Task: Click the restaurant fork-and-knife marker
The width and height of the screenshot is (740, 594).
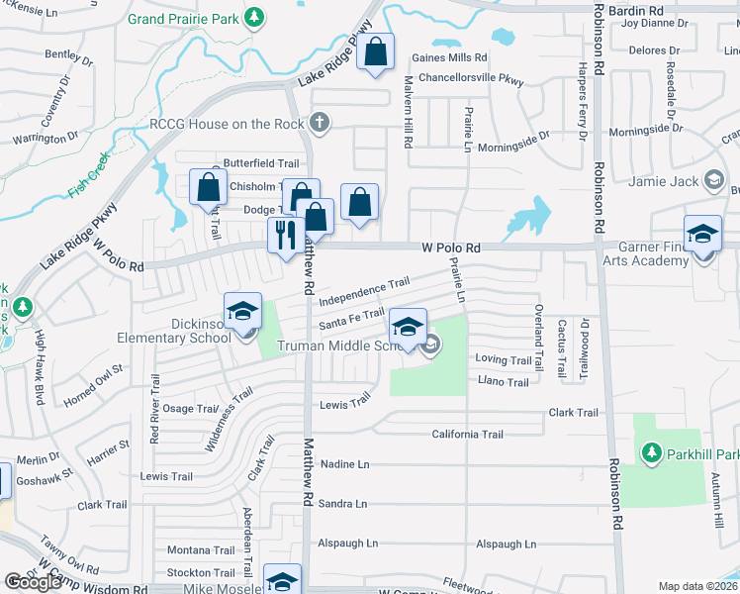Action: (283, 236)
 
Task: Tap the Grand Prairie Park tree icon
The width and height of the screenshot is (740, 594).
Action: (254, 18)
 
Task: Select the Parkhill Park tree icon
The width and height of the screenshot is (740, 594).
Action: (651, 453)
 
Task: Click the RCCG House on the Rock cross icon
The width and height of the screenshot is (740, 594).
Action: (319, 123)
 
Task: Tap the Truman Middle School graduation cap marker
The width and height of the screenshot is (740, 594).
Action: (408, 326)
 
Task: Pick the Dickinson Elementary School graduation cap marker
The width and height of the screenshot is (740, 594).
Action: (242, 311)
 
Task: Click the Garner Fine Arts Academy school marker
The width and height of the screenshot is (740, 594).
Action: (702, 234)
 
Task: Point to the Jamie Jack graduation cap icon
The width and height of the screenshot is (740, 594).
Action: (713, 180)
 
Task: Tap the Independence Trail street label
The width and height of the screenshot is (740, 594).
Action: (364, 291)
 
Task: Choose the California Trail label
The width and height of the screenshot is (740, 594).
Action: (467, 434)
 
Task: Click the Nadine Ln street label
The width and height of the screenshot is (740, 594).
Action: (343, 463)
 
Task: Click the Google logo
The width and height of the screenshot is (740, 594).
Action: (33, 582)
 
